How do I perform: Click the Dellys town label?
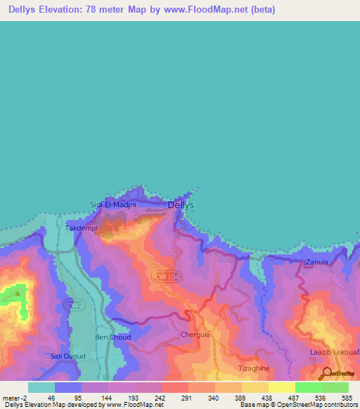(x=181, y=205)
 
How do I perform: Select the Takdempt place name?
(x=82, y=228)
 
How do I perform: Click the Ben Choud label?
(x=112, y=337)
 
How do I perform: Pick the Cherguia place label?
(x=195, y=335)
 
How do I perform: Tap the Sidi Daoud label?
(x=67, y=356)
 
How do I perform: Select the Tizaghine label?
(x=253, y=368)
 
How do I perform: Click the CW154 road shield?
(x=166, y=277)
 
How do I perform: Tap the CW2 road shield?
(x=70, y=305)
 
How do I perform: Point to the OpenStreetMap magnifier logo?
(x=328, y=373)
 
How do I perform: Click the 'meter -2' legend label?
(x=15, y=398)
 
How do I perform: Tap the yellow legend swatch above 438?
(x=255, y=387)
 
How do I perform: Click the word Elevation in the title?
(x=58, y=10)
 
